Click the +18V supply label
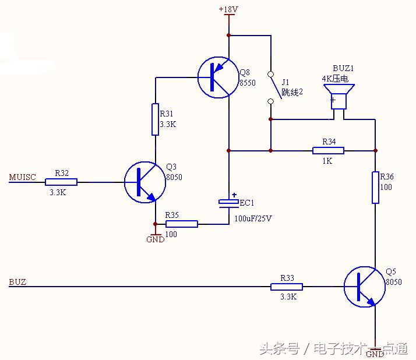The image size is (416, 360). click(x=228, y=10)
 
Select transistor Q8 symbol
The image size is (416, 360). click(x=217, y=77)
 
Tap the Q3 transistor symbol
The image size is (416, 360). click(x=144, y=182)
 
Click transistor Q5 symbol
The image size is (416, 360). click(x=364, y=287)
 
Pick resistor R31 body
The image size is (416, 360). click(x=156, y=119)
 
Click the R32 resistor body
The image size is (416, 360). click(x=61, y=182)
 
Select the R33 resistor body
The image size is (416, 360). click(x=287, y=287)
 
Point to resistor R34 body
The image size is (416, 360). click(x=328, y=151)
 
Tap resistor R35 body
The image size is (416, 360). click(x=182, y=224)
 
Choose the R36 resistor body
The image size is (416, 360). click(x=376, y=187)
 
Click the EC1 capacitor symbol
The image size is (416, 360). click(x=228, y=202)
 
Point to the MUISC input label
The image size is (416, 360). click(x=22, y=177)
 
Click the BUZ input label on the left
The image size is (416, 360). click(x=17, y=282)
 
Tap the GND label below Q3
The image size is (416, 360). click(x=156, y=239)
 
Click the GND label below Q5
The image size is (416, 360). click(x=375, y=354)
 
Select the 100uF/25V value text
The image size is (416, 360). click(x=253, y=218)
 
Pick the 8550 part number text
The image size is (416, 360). click(x=248, y=83)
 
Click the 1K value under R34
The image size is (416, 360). click(x=327, y=161)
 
